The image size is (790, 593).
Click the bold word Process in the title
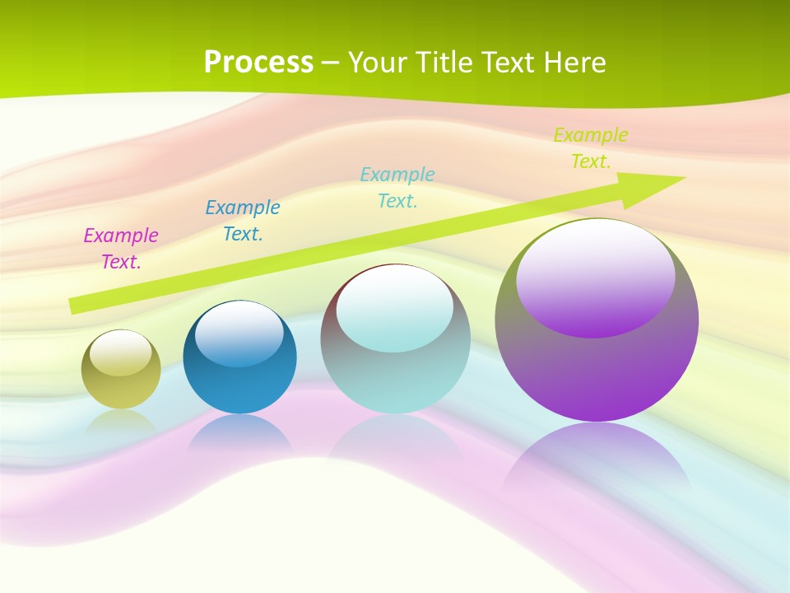pos(258,63)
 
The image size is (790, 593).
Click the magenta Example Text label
pos(121,249)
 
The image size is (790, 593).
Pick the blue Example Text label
pos(243,221)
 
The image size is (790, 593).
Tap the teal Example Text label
pos(397,187)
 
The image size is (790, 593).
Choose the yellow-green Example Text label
pos(591,148)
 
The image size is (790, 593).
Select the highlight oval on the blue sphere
pos(239,334)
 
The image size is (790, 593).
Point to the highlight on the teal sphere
pos(395,307)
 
